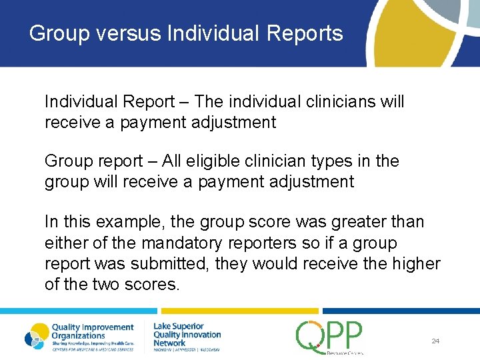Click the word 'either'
pos(65,243)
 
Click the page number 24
pos(435,341)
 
